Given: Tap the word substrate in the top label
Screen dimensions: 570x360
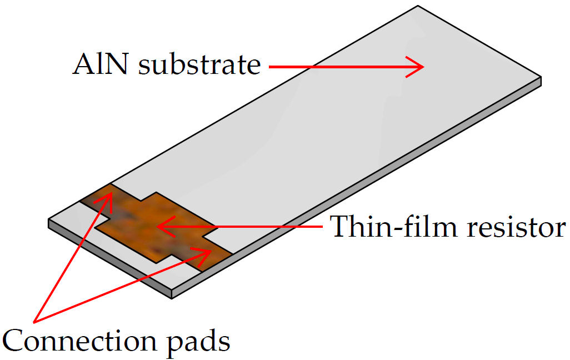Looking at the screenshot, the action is (x=199, y=65).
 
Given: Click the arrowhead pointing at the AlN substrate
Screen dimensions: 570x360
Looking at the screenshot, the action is (x=417, y=67).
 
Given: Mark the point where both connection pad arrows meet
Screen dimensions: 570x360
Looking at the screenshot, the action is (x=35, y=321).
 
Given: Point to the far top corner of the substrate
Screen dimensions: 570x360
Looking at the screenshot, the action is (x=418, y=6).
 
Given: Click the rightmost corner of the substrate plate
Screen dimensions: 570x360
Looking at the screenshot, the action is (x=541, y=78).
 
